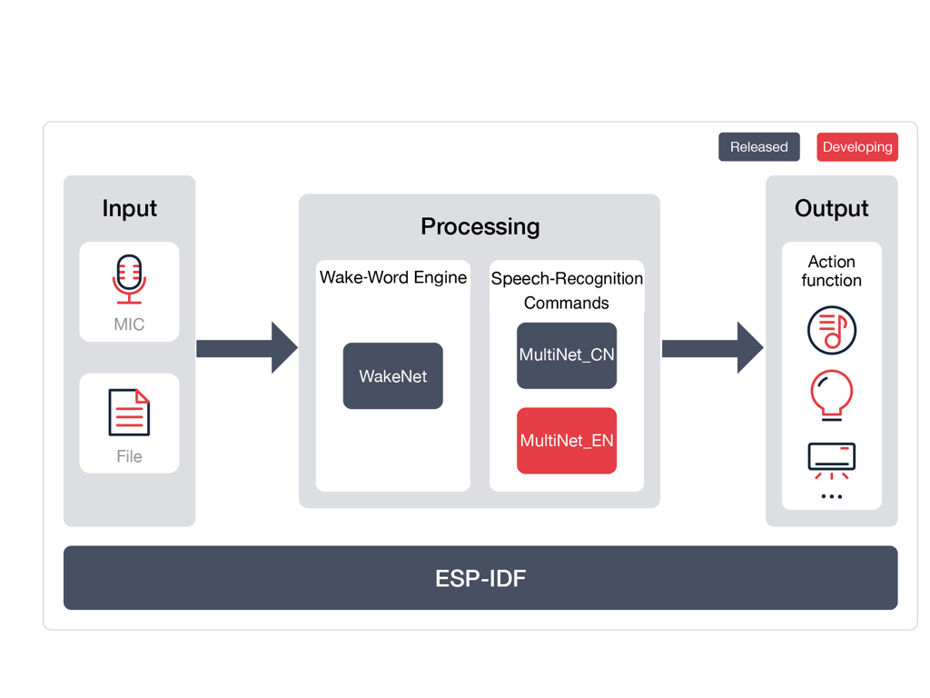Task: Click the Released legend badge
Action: point(758,147)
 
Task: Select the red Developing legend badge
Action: point(856,147)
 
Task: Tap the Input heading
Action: point(129,208)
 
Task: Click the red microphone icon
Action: point(129,278)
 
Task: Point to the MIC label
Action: point(129,324)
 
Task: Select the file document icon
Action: point(129,412)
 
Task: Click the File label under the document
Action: point(129,456)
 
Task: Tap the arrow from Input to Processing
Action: point(246,348)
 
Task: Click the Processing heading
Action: point(480,226)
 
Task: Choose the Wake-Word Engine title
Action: point(393,277)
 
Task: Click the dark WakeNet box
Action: point(393,376)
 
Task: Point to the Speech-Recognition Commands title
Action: point(567,290)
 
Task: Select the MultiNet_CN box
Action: point(567,355)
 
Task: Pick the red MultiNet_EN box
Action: point(567,441)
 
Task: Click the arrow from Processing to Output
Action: point(712,348)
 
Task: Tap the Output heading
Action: point(831,208)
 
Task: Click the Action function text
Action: point(831,271)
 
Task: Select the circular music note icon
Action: point(831,330)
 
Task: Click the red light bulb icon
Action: point(831,394)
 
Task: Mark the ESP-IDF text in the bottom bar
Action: point(480,578)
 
